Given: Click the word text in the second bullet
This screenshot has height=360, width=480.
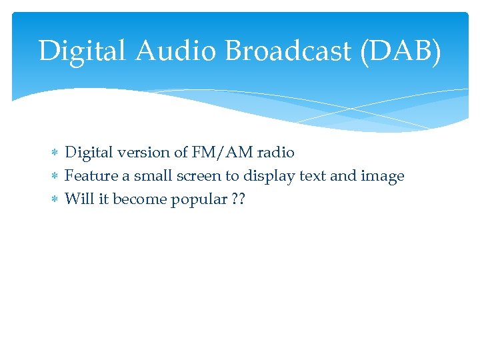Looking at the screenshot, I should pos(310,177).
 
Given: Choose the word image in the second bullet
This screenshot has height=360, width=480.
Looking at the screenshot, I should pos(382,177).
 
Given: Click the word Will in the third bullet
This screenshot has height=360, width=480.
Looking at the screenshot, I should pos(79,200).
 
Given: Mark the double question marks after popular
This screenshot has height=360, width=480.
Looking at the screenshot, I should pos(239,200).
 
